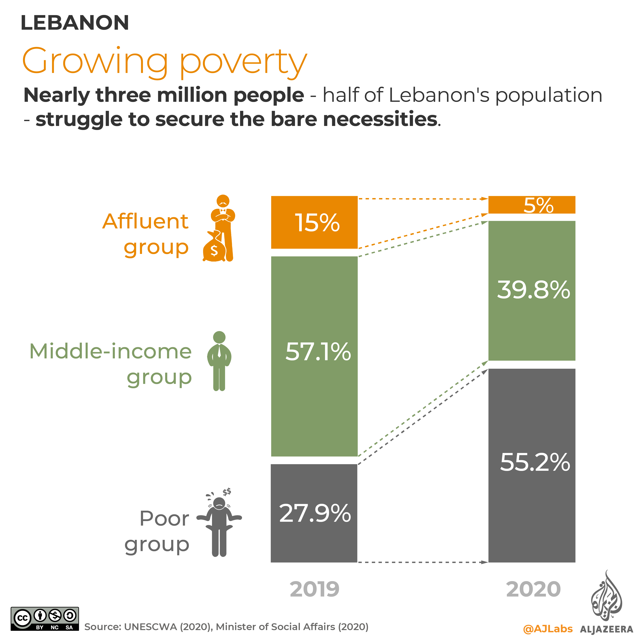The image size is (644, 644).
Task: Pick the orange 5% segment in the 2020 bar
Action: pyautogui.click(x=532, y=205)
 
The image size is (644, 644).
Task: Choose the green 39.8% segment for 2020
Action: pyautogui.click(x=532, y=290)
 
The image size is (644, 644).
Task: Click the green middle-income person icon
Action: pyautogui.click(x=219, y=361)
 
